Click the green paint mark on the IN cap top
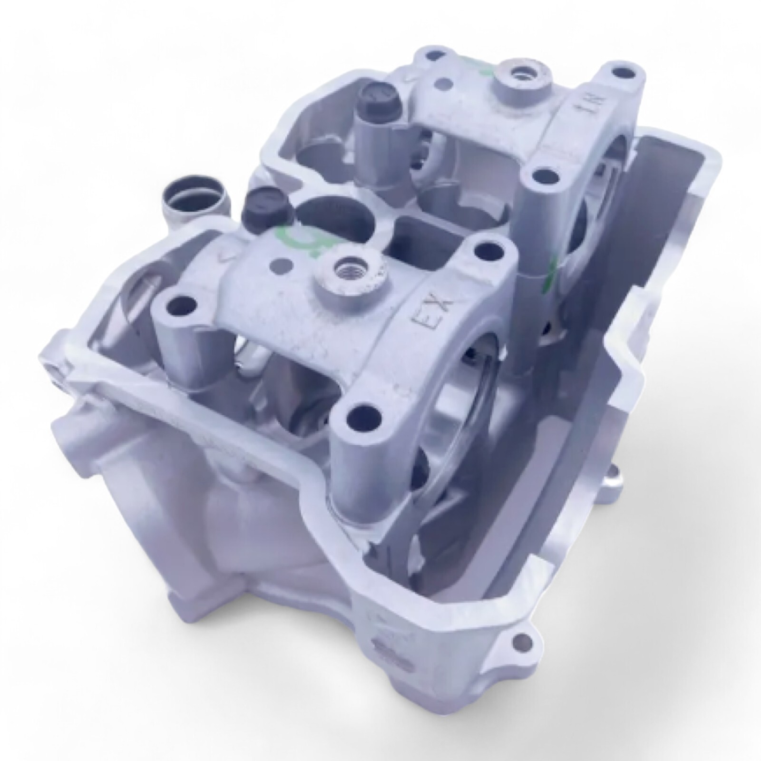pos(485,69)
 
